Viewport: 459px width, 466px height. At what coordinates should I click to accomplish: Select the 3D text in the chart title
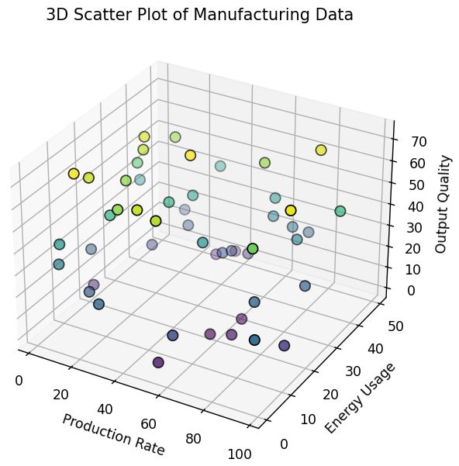pos(59,15)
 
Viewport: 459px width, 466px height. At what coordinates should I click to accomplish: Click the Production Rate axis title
pos(113,434)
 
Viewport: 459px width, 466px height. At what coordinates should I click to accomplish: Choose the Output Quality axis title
pos(442,204)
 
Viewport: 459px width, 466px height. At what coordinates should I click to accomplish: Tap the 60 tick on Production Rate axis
pos(149,423)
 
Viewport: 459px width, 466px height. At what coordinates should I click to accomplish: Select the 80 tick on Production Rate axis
pos(194,439)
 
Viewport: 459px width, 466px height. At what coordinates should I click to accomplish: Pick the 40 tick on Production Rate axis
pos(105,409)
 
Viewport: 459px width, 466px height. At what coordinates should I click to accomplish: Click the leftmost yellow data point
pos(74,174)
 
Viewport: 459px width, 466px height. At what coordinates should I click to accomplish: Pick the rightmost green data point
pos(340,211)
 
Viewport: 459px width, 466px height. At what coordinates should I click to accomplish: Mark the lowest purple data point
pos(159,362)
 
